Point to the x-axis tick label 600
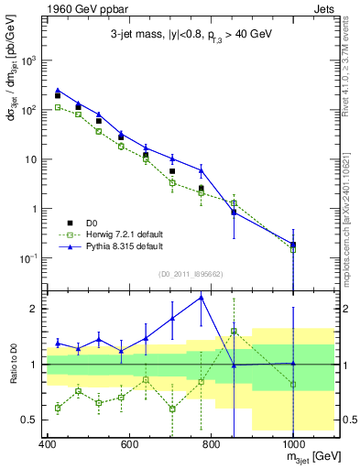pos(128,444)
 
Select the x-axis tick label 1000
pos(292,444)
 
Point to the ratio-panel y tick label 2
pos(37,309)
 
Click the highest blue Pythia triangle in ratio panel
pos(202,298)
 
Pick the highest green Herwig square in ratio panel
pos(234,332)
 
